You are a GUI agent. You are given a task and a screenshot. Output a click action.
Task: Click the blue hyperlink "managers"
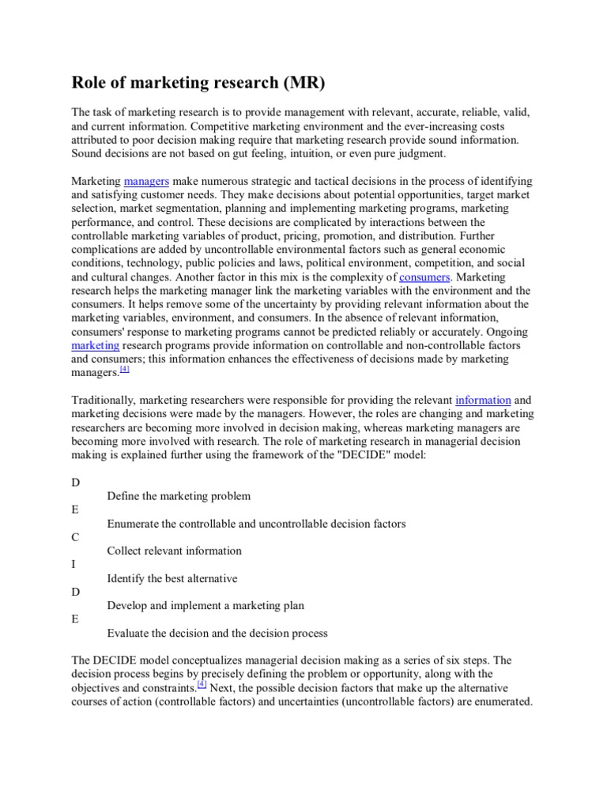[x=147, y=182]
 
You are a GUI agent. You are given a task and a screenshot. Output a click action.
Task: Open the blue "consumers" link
[x=424, y=277]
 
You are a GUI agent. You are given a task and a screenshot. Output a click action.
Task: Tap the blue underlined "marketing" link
[x=95, y=345]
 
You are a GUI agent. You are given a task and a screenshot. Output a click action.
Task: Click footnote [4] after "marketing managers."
[x=124, y=369]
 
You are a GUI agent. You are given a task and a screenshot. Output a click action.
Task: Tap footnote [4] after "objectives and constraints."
[x=202, y=684]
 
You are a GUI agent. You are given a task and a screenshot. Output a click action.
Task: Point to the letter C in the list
[x=75, y=537]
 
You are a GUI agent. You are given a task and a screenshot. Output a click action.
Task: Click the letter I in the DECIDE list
[x=74, y=565]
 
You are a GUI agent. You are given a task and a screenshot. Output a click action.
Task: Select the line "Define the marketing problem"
[x=179, y=496]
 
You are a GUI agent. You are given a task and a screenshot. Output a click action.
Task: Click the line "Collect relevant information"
[x=174, y=551]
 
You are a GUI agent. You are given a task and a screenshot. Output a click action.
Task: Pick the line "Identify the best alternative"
[x=172, y=578]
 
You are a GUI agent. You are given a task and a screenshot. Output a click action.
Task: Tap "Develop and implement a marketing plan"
[x=205, y=606]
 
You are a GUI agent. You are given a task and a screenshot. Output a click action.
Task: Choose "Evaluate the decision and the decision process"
[x=217, y=634]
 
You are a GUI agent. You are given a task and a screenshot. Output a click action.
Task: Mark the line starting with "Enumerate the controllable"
[x=256, y=524]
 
